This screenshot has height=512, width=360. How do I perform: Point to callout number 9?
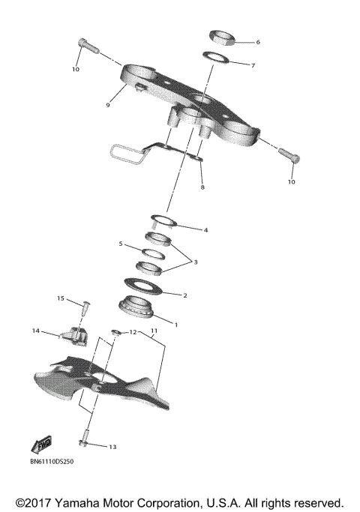pyautogui.click(x=108, y=105)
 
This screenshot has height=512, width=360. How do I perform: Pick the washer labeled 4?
pyautogui.click(x=163, y=220)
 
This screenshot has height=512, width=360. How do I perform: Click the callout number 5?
pyautogui.click(x=121, y=244)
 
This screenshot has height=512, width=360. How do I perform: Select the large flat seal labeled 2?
pyautogui.click(x=142, y=286)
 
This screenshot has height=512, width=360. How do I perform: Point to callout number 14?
pyautogui.click(x=35, y=331)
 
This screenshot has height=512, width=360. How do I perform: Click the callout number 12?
pyautogui.click(x=131, y=331)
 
